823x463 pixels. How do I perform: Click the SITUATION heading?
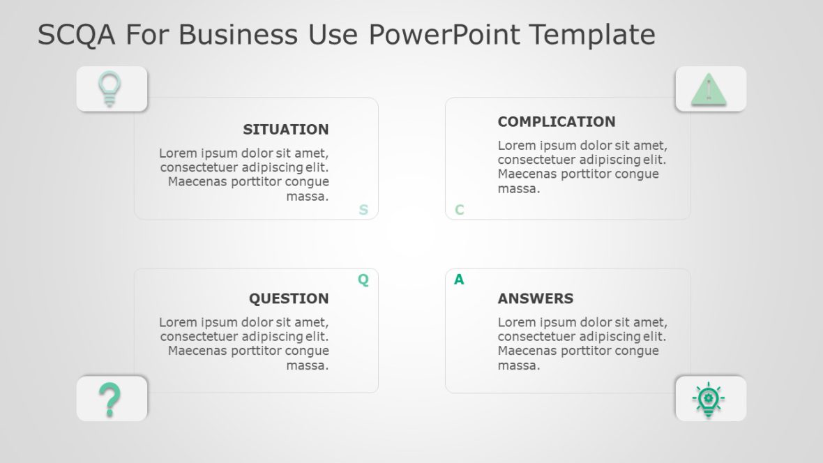click(x=285, y=130)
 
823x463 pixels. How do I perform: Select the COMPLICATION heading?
click(x=556, y=122)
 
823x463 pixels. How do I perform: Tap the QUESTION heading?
click(x=289, y=299)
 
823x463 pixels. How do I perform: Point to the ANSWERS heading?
click(x=535, y=299)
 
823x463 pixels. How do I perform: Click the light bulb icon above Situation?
click(x=109, y=89)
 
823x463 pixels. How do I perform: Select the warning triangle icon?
click(x=709, y=89)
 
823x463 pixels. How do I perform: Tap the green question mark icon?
click(x=110, y=400)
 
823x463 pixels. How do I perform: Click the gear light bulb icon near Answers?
click(x=709, y=400)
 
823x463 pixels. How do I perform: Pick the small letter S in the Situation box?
click(x=363, y=210)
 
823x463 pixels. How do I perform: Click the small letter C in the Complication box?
click(x=460, y=210)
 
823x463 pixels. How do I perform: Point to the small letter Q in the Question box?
click(x=363, y=280)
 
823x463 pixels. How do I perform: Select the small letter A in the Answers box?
click(x=459, y=280)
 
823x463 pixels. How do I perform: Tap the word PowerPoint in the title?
click(x=444, y=34)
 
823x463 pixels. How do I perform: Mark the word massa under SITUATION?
click(x=307, y=197)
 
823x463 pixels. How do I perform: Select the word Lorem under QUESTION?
click(x=177, y=323)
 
